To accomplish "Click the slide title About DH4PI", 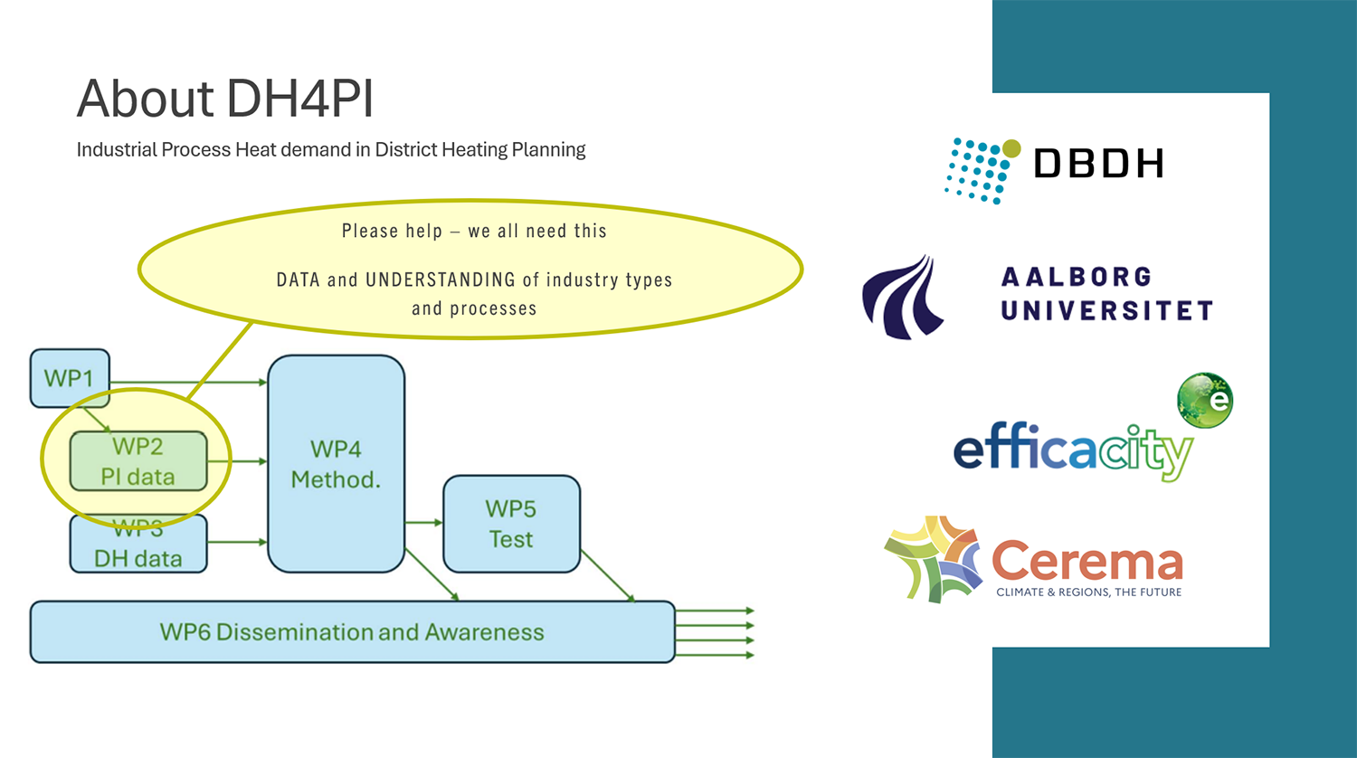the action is pyautogui.click(x=224, y=99).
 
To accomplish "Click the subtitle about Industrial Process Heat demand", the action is pyautogui.click(x=331, y=149).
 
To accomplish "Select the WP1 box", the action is pyautogui.click(x=70, y=378).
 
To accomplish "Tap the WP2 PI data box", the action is pyautogui.click(x=138, y=461).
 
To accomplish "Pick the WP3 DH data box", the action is pyautogui.click(x=138, y=544).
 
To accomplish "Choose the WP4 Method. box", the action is pyautogui.click(x=337, y=463).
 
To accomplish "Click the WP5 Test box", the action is pyautogui.click(x=511, y=524).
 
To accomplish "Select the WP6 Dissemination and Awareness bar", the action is pyautogui.click(x=352, y=632).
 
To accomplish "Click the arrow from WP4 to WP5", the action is pyautogui.click(x=423, y=522).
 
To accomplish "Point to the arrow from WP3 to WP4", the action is pyautogui.click(x=237, y=542).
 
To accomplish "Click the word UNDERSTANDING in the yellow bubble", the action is pyautogui.click(x=441, y=280).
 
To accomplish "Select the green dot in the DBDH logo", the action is pyautogui.click(x=1011, y=147).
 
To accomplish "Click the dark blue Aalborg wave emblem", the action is pyautogui.click(x=903, y=297).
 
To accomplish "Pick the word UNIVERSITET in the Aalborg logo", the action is pyautogui.click(x=1106, y=311).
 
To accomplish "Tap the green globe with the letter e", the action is pyautogui.click(x=1205, y=401).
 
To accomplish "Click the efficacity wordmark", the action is pyautogui.click(x=1073, y=451).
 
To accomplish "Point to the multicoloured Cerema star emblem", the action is pyautogui.click(x=934, y=559).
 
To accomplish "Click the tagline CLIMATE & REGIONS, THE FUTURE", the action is pyautogui.click(x=1088, y=592).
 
